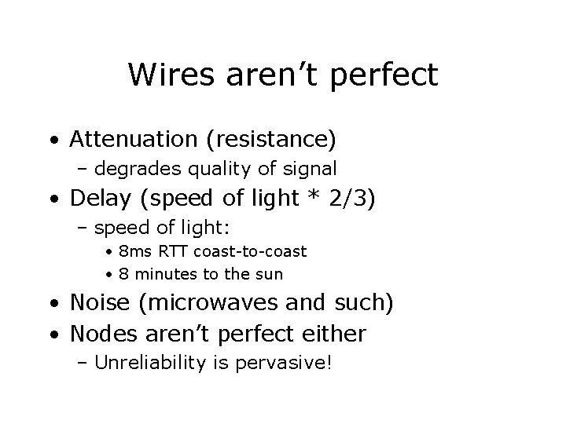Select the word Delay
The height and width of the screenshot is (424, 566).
(97, 199)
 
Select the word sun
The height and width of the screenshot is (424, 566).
(269, 275)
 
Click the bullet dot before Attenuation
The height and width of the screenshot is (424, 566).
(51, 141)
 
